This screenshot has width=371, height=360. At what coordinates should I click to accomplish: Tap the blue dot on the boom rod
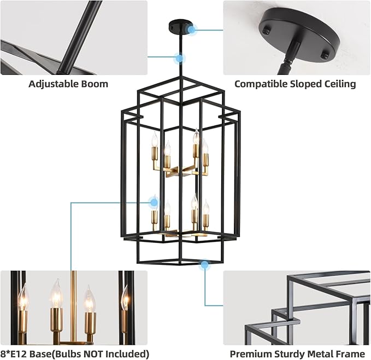click(x=179, y=57)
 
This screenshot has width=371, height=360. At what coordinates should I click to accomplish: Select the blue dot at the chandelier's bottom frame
click(x=204, y=265)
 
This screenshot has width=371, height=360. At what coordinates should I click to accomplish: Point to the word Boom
click(x=96, y=84)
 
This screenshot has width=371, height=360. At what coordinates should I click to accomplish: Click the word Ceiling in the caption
click(x=338, y=84)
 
